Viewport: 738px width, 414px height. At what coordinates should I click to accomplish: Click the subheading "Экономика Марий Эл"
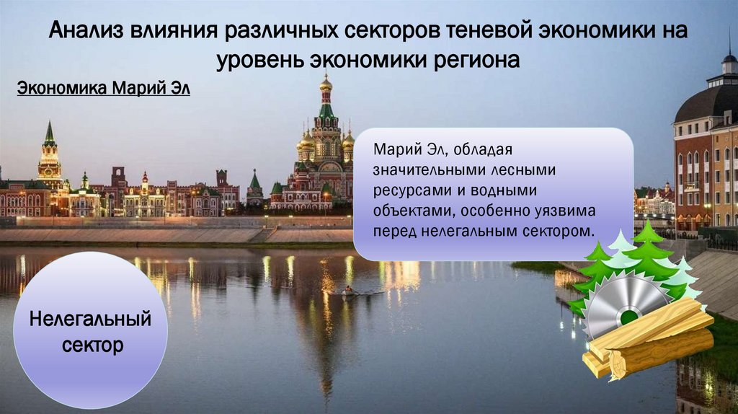[x=103, y=89]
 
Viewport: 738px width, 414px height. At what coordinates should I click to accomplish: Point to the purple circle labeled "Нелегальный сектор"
[x=91, y=330]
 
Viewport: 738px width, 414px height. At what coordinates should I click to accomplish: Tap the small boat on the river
[x=350, y=291]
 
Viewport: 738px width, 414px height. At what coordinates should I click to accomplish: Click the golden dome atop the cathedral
[x=326, y=84]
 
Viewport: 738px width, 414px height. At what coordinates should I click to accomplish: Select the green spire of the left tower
[x=50, y=135]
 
